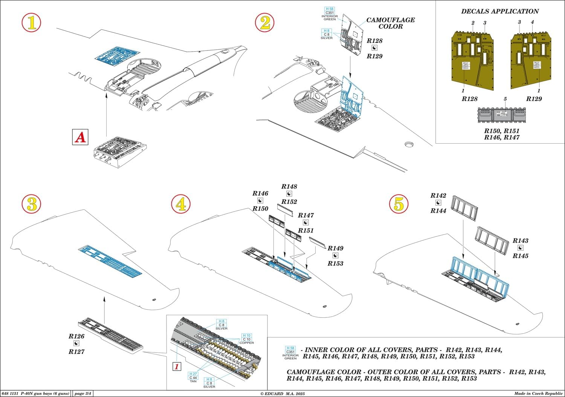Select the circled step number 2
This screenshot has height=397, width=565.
[265, 23]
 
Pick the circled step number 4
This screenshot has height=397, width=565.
[181, 204]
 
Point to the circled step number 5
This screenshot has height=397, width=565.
[399, 204]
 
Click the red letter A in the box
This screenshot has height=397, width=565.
[80, 137]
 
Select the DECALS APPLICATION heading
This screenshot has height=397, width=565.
[500, 11]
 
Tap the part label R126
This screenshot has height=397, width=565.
[76, 336]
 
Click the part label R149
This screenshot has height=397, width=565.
[335, 248]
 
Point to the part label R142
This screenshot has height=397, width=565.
[438, 195]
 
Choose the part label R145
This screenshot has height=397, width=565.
[521, 256]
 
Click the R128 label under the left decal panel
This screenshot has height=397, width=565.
[469, 99]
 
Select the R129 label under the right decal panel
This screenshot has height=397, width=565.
[534, 99]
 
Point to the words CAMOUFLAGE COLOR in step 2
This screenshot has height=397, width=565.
[391, 23]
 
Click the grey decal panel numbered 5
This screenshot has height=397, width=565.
[501, 115]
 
